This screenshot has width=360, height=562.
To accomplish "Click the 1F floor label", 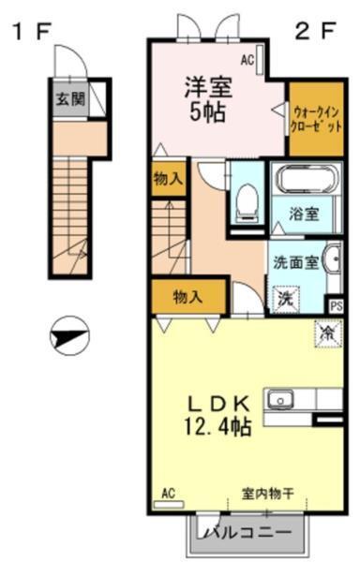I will (30, 31).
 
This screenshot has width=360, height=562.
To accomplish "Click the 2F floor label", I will (315, 30).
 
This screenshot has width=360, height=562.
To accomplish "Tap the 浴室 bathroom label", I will (303, 214).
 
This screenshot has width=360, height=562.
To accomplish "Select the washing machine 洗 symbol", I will (284, 299).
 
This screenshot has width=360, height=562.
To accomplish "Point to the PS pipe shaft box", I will (336, 304).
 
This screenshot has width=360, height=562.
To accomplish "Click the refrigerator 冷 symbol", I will (328, 333).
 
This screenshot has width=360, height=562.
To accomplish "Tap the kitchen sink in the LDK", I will (280, 400).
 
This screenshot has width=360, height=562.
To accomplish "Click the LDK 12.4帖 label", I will (217, 416).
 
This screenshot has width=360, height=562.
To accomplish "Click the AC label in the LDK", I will (169, 493).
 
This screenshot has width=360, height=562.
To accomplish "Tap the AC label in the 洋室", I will (247, 61).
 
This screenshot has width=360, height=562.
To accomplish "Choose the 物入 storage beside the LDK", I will (187, 298).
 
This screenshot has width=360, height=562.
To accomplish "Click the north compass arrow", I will (67, 334).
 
